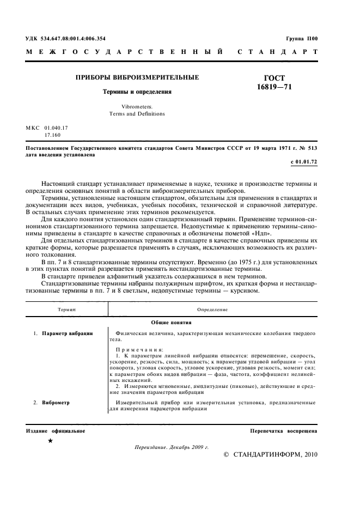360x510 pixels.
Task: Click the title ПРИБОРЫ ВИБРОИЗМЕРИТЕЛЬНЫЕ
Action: (x=137, y=78)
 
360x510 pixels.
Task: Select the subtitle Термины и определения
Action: (x=138, y=92)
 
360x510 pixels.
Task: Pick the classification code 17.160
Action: (x=52, y=134)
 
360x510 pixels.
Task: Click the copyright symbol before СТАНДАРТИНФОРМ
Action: (x=227, y=454)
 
